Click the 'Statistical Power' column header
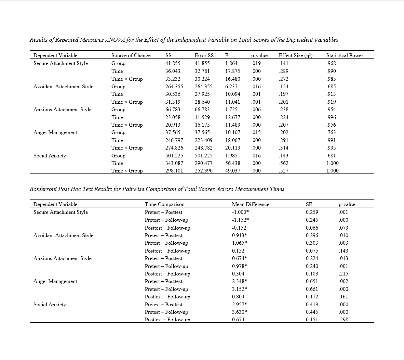[345, 55]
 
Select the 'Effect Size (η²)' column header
[296, 55]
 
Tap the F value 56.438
[232, 163]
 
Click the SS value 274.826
[174, 148]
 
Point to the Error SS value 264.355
[204, 87]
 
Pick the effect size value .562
[283, 163]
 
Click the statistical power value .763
[331, 132]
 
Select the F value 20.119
[232, 148]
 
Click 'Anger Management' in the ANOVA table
[55, 132]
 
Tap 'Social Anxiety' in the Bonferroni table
[50, 305]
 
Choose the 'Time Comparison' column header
[164, 204]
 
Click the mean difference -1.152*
[240, 220]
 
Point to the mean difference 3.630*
[239, 312]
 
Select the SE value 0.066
[312, 228]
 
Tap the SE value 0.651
[312, 281]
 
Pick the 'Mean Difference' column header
[250, 204]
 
